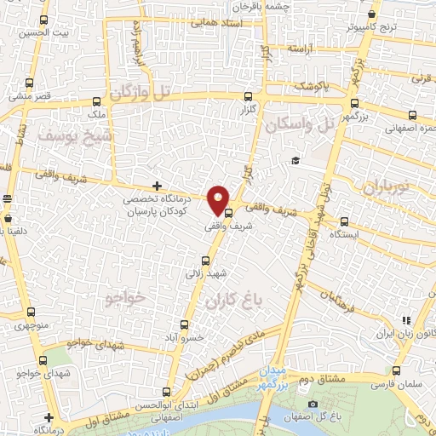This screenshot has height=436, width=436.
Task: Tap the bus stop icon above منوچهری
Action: pos(32,313)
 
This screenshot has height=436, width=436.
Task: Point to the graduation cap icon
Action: pos(295,161)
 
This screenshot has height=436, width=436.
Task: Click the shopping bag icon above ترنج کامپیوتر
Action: pos(373,14)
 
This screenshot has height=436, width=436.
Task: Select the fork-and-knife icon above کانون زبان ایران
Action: pos(406,320)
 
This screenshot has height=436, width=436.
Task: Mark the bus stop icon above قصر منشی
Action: pos(32,83)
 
